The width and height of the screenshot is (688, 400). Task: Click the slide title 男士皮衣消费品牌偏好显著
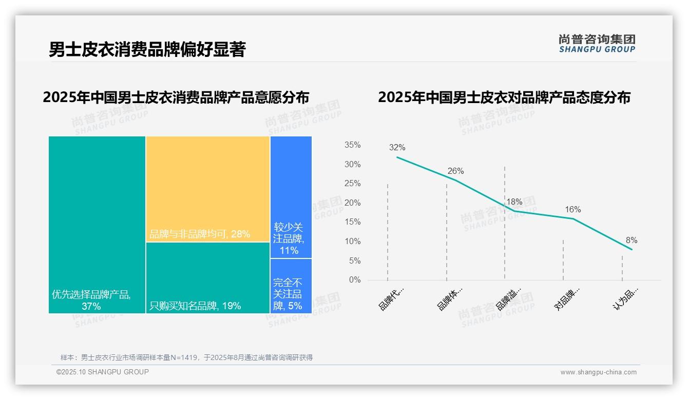tap(147, 49)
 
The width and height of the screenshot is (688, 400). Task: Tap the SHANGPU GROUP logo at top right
tap(597, 44)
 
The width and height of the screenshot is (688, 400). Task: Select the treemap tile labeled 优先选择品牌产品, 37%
tap(97, 225)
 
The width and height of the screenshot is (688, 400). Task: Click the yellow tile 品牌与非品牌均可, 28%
tap(207, 189)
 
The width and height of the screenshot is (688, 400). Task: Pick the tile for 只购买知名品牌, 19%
tap(207, 277)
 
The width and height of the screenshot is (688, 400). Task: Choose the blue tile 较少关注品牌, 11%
tap(291, 197)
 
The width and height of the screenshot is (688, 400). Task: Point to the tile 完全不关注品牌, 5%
tap(291, 286)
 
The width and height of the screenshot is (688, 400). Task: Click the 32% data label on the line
tap(397, 148)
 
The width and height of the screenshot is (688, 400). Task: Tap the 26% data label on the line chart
tap(455, 171)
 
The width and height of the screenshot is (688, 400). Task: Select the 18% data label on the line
tap(514, 202)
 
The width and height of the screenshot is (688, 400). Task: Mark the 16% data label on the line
tap(572, 210)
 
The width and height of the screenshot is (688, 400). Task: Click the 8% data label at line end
tap(631, 241)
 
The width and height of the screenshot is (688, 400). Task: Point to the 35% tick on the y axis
tap(352, 145)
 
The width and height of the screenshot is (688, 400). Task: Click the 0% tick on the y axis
tap(354, 280)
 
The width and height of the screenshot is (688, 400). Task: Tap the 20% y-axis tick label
tap(352, 203)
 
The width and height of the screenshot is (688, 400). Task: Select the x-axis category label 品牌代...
tap(391, 298)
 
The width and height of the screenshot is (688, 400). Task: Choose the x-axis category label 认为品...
tap(625, 298)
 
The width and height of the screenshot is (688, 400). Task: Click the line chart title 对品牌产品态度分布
tap(504, 97)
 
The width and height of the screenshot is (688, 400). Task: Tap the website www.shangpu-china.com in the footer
tap(598, 372)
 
